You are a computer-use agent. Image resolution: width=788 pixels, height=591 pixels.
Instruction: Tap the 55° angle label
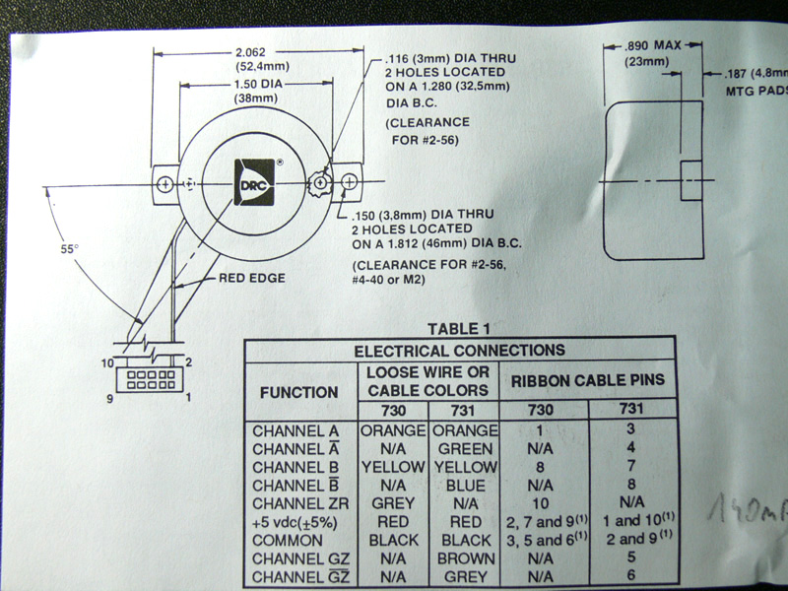click(x=68, y=249)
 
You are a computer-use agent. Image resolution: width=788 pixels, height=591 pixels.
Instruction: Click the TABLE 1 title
click(x=460, y=329)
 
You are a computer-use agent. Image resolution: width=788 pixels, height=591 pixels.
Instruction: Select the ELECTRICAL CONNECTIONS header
click(x=460, y=350)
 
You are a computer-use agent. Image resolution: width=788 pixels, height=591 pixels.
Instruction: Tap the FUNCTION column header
click(x=298, y=392)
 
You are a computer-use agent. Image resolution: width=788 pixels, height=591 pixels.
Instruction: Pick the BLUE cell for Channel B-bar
click(x=463, y=485)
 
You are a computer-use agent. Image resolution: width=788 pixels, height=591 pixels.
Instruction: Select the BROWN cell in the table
click(x=463, y=558)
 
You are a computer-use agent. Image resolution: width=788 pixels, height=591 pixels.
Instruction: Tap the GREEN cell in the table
click(x=463, y=448)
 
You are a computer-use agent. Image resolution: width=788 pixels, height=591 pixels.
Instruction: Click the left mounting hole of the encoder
click(x=164, y=183)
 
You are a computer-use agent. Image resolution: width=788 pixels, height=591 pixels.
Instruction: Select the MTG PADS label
click(x=752, y=90)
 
